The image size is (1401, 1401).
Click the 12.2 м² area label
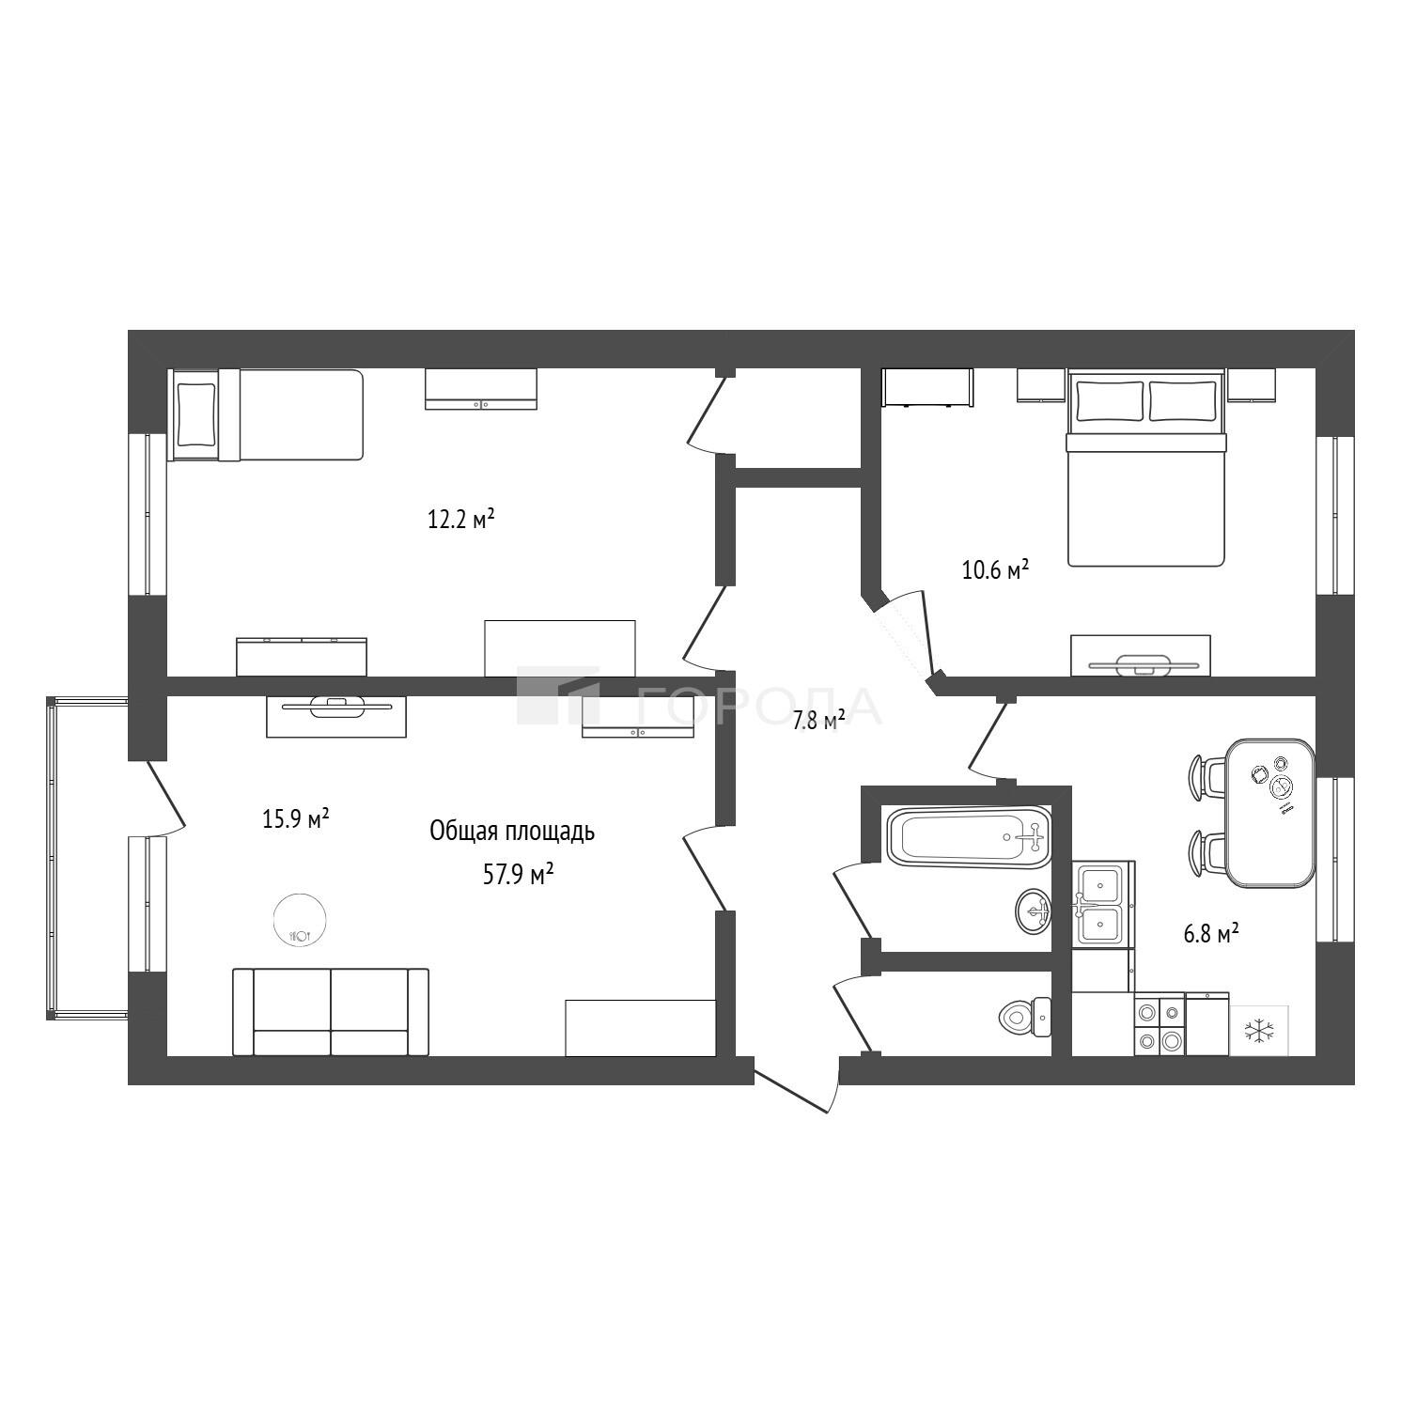(461, 519)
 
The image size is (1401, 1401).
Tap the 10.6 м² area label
(995, 569)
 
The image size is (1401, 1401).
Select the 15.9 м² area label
(295, 819)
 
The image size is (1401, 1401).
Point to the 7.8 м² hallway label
(818, 721)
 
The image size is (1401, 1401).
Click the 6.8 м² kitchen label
(1210, 934)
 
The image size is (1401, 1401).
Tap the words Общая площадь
(512, 832)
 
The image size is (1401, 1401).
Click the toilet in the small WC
(1026, 1017)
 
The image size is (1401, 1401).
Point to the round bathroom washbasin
(1034, 911)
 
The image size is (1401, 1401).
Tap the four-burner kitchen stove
(1160, 1026)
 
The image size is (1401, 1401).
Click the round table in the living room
(301, 920)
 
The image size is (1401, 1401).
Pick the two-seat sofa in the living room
(331, 1012)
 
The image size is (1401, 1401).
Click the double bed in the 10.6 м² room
(1145, 468)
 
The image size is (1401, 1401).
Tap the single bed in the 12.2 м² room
(265, 414)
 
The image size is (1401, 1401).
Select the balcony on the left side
(87, 857)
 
